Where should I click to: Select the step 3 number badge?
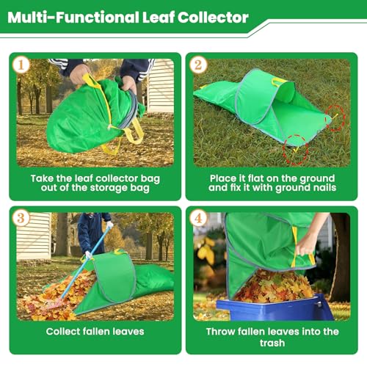21,217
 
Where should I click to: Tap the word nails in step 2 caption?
317,188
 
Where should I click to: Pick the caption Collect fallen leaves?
95,332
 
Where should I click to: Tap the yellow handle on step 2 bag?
279,82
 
